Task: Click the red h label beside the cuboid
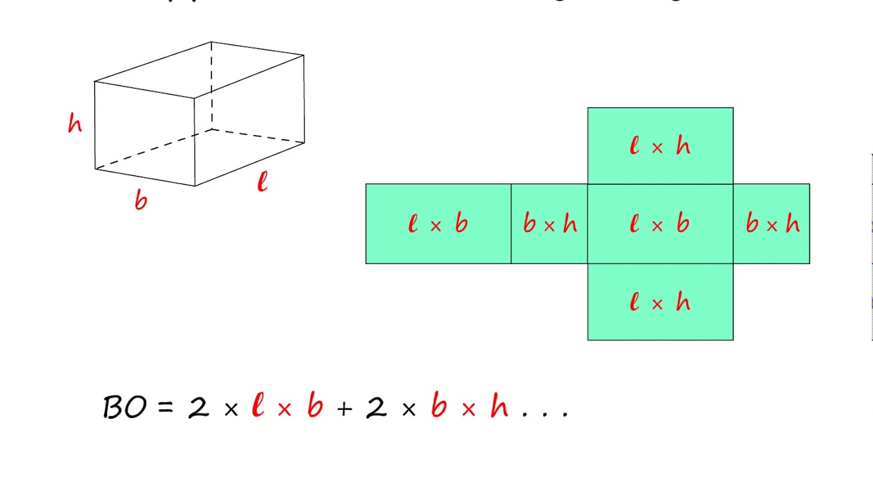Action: point(75,123)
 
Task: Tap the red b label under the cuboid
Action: point(140,200)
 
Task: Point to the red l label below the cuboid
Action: point(263,182)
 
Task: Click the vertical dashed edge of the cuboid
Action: point(211,85)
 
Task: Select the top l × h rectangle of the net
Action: point(660,146)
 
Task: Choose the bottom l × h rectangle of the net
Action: point(660,302)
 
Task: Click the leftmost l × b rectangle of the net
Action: point(438,224)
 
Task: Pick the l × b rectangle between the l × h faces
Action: point(660,224)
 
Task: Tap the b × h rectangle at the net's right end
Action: point(771,224)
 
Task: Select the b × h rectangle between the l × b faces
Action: point(549,224)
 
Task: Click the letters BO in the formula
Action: point(124,407)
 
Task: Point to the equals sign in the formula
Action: point(166,408)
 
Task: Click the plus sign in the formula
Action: point(344,408)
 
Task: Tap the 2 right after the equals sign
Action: point(198,407)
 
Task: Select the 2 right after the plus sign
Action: point(376,407)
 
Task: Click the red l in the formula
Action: point(257,406)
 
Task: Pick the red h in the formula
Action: point(499,406)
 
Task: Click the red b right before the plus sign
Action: point(314,406)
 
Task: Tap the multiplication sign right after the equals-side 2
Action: point(231,408)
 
